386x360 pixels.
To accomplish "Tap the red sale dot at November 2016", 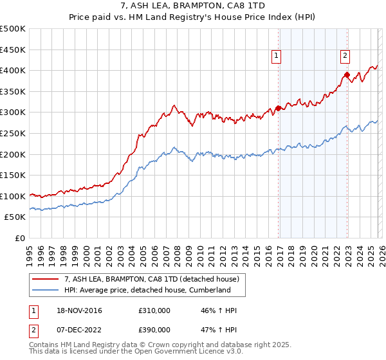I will click(x=279, y=108).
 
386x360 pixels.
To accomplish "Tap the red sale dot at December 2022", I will click(x=347, y=75).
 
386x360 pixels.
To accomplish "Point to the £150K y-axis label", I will click(x=13, y=175).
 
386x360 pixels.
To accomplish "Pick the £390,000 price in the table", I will click(x=154, y=329).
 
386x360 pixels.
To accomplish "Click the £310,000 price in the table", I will click(x=154, y=310).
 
